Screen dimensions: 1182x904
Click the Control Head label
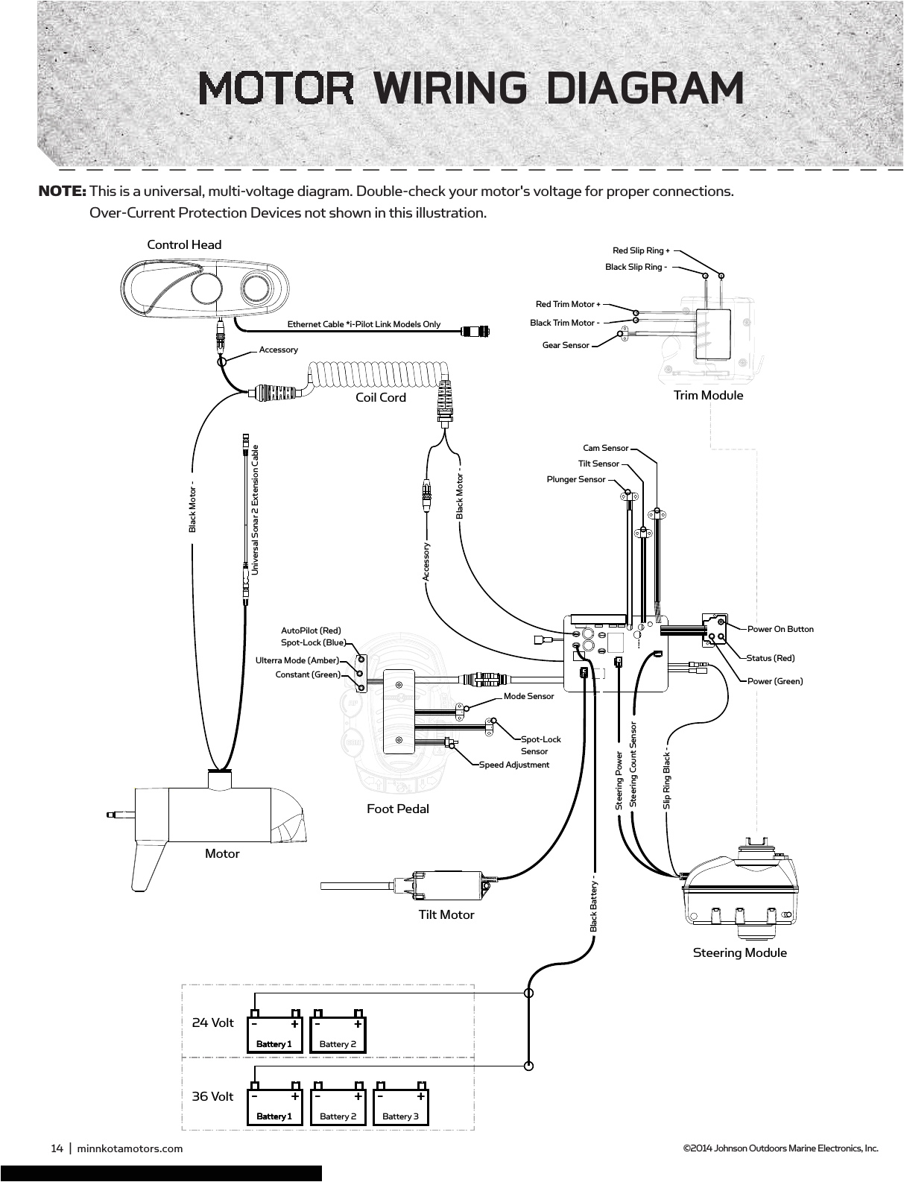184,244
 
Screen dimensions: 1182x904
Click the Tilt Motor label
446,914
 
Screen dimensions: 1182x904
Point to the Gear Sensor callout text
566,345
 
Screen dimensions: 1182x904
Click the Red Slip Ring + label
641,250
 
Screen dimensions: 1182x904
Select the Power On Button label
780,629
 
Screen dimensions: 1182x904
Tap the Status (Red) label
771,658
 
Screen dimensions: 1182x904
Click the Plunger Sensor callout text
576,479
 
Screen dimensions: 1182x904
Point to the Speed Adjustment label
513,765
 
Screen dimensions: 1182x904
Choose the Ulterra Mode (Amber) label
297,660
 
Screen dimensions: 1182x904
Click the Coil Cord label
381,397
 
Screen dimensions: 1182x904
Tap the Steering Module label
739,952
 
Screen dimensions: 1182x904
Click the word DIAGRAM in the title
645,88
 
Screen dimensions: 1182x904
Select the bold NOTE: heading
63,192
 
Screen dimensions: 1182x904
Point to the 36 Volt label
212,1096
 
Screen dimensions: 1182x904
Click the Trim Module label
708,395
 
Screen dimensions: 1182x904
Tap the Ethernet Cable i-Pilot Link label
364,324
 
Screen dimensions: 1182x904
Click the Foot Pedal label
398,809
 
